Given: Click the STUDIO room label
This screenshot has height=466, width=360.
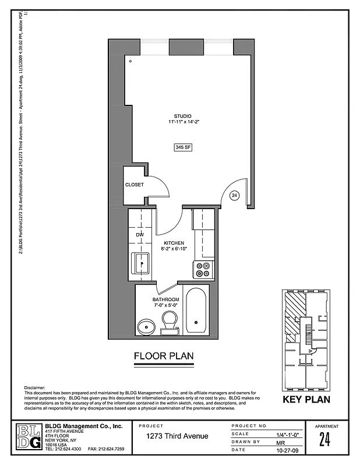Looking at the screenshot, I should point(182,116).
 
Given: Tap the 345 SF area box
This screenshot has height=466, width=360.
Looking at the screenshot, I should point(183,148).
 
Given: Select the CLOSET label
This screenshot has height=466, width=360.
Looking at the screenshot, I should point(134,185).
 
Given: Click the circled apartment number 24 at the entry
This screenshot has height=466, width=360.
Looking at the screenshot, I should point(235,196).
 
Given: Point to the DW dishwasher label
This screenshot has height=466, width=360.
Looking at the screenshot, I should point(140,235).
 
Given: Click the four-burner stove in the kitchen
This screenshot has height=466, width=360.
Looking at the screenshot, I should point(203,269).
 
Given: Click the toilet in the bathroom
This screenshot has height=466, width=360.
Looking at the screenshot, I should point(170,322).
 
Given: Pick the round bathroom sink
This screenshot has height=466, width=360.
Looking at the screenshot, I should point(147,326).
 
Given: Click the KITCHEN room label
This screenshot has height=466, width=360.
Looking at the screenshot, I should point(174,243).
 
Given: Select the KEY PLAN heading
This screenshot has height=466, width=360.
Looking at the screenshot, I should point(306,400).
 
